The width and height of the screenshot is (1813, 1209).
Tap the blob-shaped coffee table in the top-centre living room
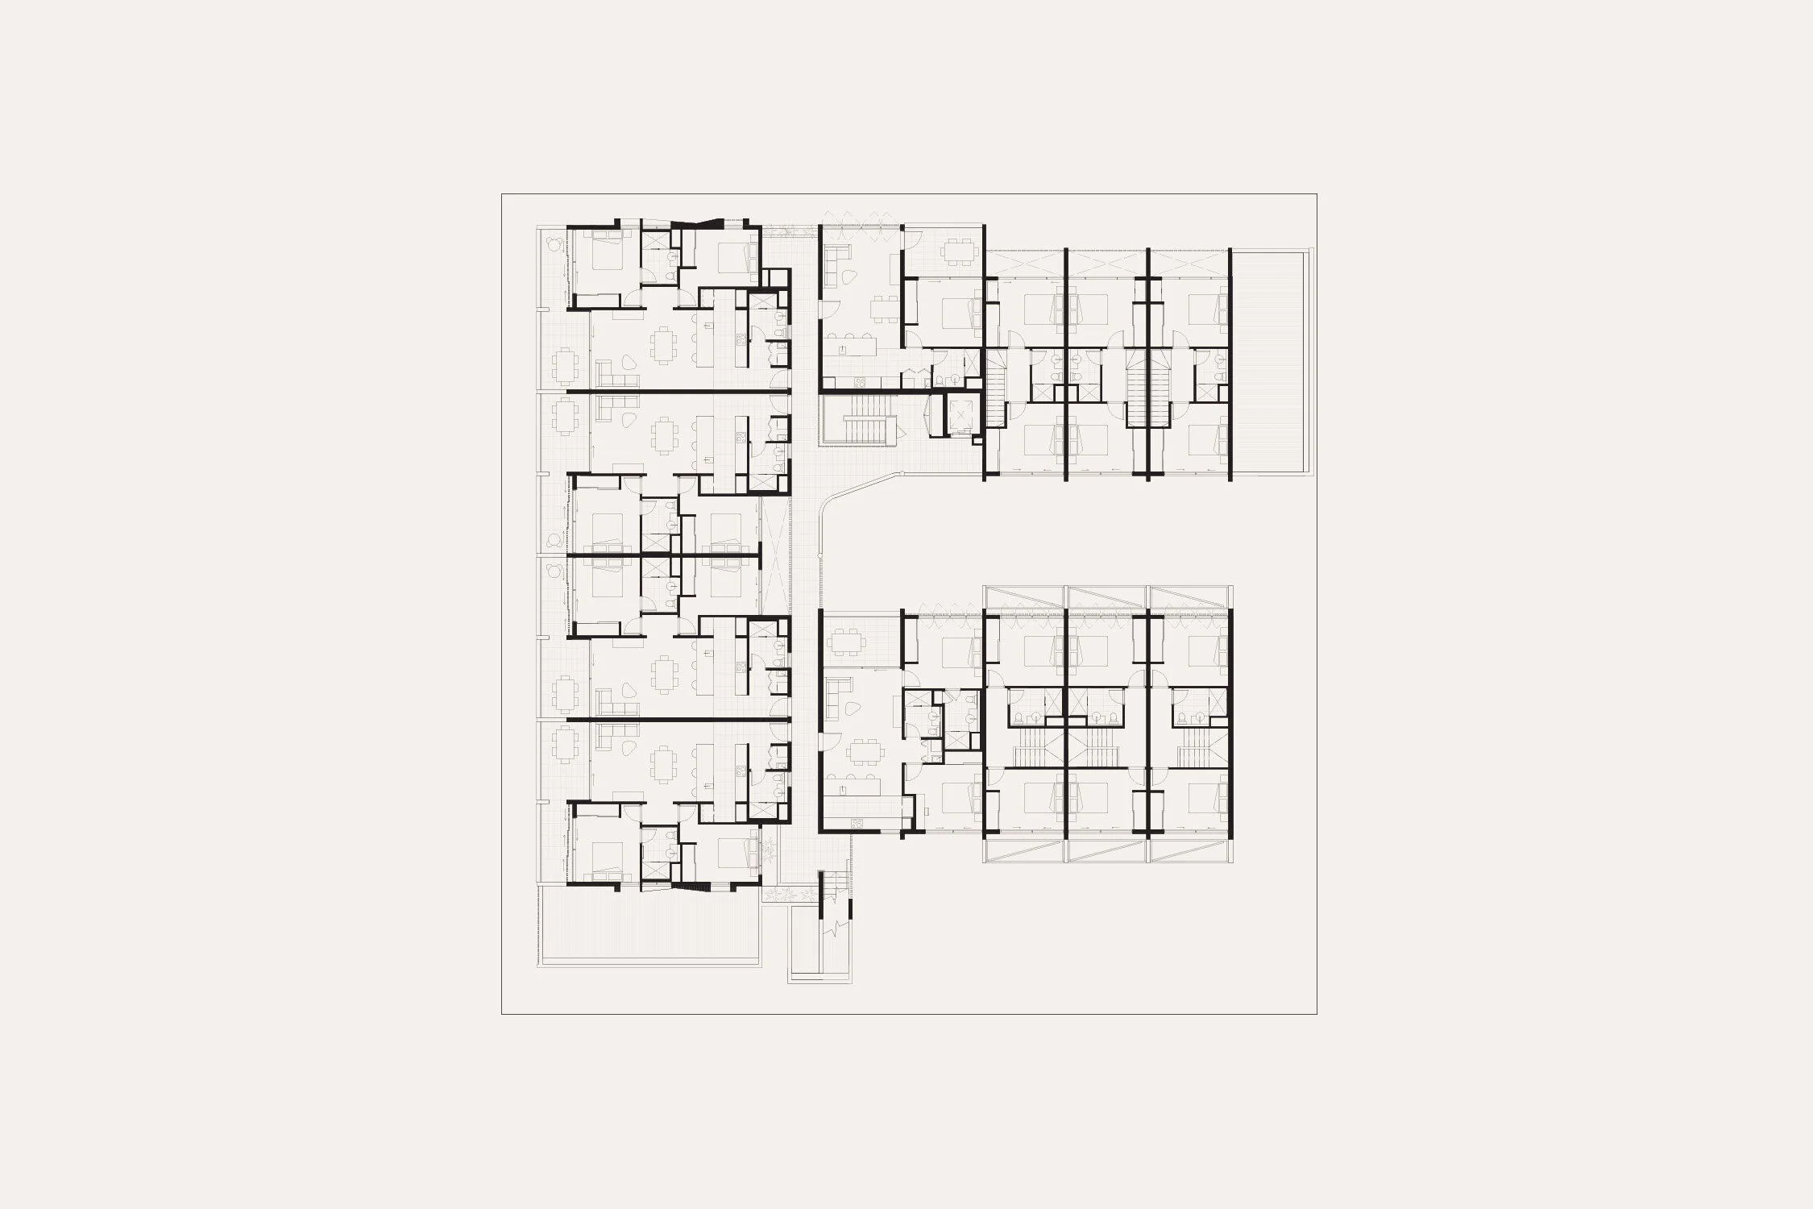[x=851, y=300]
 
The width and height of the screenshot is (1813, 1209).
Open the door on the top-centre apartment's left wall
[x=824, y=311]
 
